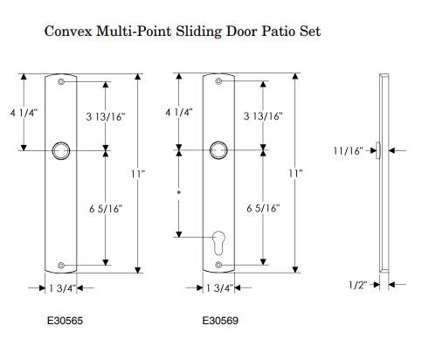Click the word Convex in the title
[68, 31]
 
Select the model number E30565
[65, 321]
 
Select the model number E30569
[220, 321]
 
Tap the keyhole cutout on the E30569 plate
[218, 243]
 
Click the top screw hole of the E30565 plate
[61, 82]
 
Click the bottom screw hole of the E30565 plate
[61, 266]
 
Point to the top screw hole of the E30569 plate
[218, 81]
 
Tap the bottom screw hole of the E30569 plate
[218, 265]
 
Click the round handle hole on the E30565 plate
[61, 151]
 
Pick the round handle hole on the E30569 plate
[218, 150]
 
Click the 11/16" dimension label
[349, 151]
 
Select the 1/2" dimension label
[358, 285]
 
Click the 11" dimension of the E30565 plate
[138, 174]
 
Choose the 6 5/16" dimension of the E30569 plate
[263, 208]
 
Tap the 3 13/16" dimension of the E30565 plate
[106, 117]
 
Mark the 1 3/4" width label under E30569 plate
[219, 288]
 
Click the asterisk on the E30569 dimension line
[179, 192]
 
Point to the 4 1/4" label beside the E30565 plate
[24, 113]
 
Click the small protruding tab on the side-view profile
[377, 150]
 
